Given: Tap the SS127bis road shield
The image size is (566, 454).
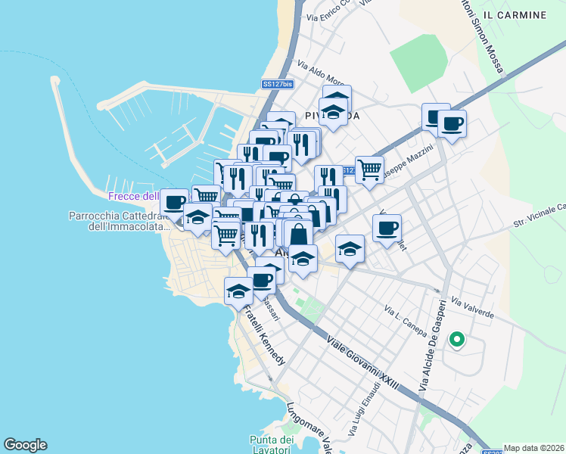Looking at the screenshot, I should (x=277, y=85).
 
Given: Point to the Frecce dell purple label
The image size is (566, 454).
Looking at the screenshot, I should (x=132, y=196).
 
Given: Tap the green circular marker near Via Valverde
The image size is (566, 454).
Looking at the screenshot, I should (x=456, y=340).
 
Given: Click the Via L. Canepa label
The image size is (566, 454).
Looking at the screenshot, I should (x=406, y=321).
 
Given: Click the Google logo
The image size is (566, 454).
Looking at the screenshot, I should (x=25, y=445).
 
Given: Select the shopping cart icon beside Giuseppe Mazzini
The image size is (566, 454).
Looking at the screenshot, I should (x=369, y=169).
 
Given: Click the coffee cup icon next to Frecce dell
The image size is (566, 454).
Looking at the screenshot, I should (x=174, y=202).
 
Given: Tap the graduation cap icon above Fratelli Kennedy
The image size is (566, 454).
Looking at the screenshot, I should (x=239, y=291).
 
